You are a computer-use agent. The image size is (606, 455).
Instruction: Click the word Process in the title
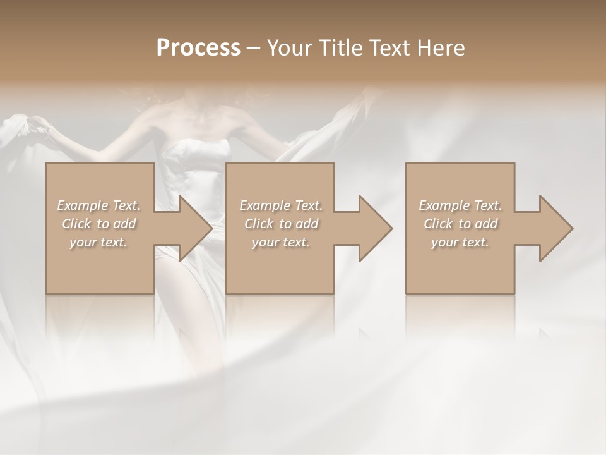pos(198,47)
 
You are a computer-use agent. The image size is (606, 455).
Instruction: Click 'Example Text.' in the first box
pos(98,205)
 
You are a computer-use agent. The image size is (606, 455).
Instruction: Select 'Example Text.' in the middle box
pos(280,205)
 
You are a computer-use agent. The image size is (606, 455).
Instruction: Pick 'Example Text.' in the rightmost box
pos(460,205)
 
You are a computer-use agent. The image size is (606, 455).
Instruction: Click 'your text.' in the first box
pos(98,242)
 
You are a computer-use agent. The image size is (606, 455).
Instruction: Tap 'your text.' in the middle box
pos(280,242)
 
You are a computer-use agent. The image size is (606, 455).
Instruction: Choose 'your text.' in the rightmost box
pos(460,242)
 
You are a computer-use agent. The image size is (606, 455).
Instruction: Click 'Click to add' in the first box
pos(98,224)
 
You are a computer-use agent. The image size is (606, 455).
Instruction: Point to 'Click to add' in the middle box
pos(280,224)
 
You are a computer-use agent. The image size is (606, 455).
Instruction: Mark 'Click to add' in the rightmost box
pos(460,224)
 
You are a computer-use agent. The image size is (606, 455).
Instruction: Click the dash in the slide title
pos(254,48)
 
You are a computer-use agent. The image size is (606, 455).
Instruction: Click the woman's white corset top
pos(196,155)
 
